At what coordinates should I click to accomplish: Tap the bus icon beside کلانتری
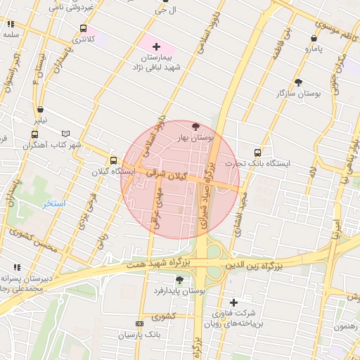click(x=84, y=29)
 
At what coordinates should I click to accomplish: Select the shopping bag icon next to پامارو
click(x=314, y=38)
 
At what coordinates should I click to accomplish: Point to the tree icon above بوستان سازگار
click(x=299, y=82)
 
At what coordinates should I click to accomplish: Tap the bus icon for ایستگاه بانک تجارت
click(x=258, y=152)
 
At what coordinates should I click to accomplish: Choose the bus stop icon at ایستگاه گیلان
click(x=114, y=160)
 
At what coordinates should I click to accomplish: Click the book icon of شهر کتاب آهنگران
click(x=66, y=134)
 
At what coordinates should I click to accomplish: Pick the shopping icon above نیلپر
click(x=41, y=109)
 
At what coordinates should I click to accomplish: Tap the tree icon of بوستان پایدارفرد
click(x=179, y=280)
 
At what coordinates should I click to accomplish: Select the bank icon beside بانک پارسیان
click(x=139, y=324)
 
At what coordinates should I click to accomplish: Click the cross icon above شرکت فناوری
click(x=233, y=302)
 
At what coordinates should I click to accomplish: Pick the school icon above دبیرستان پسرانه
click(x=16, y=267)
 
